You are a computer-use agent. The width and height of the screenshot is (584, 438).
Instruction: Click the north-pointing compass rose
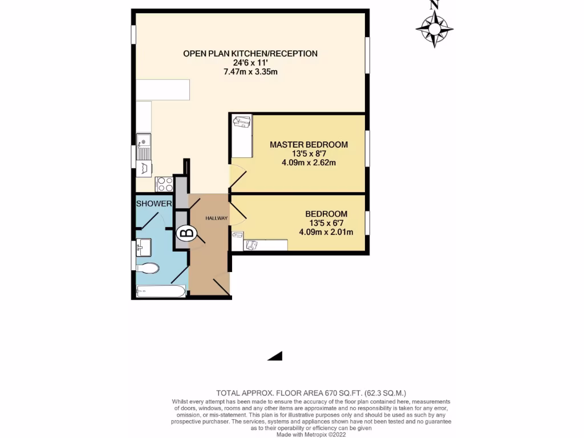434,27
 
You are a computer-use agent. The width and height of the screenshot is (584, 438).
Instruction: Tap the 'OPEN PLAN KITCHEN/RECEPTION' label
250,54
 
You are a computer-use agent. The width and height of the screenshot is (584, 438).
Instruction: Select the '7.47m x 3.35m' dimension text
250,72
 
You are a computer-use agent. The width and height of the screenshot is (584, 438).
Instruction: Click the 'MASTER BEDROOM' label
309,144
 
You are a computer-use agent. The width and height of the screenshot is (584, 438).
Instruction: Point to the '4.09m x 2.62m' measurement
309,163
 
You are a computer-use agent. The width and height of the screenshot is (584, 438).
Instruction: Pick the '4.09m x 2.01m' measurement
326,232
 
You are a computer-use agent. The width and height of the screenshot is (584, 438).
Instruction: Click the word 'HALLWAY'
217,218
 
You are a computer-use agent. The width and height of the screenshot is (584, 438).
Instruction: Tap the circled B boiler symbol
187,233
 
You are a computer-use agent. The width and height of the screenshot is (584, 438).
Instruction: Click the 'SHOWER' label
153,204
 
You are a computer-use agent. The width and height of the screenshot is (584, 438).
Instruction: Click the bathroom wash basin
143,248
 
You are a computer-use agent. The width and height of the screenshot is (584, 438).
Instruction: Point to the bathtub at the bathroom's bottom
161,292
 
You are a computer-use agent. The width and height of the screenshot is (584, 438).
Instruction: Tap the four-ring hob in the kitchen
165,184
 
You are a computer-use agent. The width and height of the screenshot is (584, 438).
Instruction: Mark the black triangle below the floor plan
276,356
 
